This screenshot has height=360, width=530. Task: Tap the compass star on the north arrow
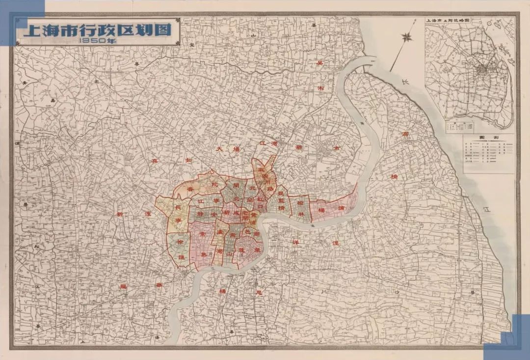pyautogui.click(x=407, y=36)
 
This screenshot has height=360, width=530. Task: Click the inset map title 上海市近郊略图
pyautogui.click(x=448, y=22)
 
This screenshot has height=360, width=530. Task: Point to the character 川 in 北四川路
pyautogui.click(x=268, y=182)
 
